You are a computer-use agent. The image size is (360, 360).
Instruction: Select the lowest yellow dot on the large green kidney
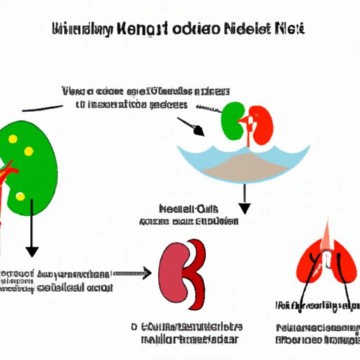pyautogui.click(x=20, y=196)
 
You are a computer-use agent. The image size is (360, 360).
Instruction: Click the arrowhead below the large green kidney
pyautogui.click(x=30, y=251)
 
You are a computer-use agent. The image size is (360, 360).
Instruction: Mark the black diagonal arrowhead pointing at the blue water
pyautogui.click(x=199, y=131)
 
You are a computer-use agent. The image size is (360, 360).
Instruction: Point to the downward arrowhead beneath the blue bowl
pyautogui.click(x=245, y=208)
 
